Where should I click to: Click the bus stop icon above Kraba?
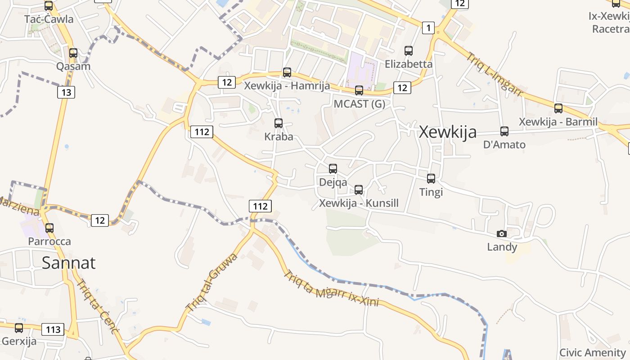[279, 123]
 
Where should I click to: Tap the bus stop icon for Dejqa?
[333, 169]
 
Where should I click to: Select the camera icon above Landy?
[501, 234]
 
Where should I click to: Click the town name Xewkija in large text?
[447, 132]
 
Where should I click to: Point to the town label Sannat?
[68, 262]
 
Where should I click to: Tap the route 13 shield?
[66, 92]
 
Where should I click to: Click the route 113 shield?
[53, 329]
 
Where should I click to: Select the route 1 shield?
[428, 28]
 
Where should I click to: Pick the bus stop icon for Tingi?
[431, 179]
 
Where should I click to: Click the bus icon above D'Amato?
[504, 131]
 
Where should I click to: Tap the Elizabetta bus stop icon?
[409, 51]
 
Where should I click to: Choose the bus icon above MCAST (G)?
[359, 90]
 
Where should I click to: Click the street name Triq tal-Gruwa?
[211, 283]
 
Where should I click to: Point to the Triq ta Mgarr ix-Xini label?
[331, 288]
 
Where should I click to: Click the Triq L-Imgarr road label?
[494, 74]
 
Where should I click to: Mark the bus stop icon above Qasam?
[73, 53]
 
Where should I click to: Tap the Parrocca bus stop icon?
[49, 228]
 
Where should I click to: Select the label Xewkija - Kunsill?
[359, 203]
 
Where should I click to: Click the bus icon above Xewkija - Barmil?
[558, 108]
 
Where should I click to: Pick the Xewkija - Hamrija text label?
[287, 85]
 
